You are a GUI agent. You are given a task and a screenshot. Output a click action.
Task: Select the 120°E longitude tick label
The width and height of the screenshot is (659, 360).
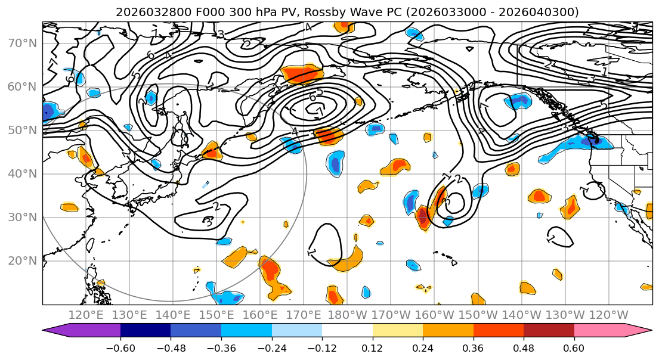[86, 315]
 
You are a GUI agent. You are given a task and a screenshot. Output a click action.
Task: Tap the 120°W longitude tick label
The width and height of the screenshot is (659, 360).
[609, 315]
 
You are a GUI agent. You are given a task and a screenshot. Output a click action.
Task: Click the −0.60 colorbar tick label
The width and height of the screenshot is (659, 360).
[120, 346]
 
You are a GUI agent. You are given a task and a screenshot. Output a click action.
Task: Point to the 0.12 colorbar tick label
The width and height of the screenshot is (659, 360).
[373, 346]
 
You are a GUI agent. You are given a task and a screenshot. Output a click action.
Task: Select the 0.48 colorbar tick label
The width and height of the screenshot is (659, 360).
[524, 346]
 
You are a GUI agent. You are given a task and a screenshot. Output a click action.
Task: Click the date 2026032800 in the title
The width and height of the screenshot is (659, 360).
[146, 12]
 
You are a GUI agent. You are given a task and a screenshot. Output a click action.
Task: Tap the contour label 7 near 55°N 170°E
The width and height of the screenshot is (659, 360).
[320, 111]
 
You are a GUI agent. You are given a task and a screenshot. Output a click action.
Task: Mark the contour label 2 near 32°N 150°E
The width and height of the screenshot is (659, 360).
[216, 207]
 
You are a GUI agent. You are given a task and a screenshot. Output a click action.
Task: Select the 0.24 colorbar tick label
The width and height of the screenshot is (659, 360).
[423, 346]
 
